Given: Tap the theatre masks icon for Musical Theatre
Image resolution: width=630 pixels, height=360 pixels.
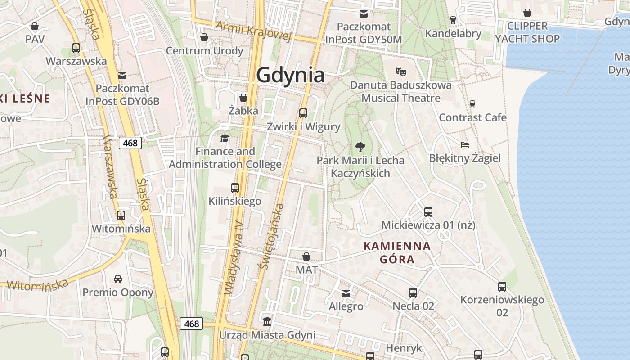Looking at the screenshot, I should click(x=400, y=71).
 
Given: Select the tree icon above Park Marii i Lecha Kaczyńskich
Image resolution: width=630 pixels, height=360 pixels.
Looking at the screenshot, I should click(x=360, y=146).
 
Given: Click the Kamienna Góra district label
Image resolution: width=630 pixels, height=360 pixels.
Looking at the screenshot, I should click(x=397, y=252).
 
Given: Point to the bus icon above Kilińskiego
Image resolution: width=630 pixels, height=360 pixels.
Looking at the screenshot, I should click(x=234, y=188).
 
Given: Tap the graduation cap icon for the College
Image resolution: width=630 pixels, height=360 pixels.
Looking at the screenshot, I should click(x=225, y=138).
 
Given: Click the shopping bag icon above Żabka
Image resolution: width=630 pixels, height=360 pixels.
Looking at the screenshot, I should click(x=243, y=97).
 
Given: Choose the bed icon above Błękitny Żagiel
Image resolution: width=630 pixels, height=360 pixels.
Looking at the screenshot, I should click(x=465, y=145).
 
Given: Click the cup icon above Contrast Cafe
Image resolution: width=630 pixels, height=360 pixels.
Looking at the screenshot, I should click(x=472, y=104).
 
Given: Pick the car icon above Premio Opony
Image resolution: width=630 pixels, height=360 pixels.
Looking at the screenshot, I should click(x=118, y=279).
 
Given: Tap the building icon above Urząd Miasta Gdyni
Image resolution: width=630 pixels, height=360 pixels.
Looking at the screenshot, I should click(x=267, y=322).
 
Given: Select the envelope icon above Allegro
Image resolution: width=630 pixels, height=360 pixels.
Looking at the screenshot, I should click(x=346, y=293).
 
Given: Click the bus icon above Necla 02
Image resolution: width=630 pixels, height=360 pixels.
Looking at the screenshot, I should click(x=413, y=293).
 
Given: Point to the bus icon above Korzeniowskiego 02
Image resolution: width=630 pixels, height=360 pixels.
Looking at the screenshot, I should click(x=502, y=286).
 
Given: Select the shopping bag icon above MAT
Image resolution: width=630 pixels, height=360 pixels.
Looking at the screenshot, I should click(x=306, y=256).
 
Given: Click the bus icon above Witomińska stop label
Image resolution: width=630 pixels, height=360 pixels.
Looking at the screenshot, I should click(x=121, y=215).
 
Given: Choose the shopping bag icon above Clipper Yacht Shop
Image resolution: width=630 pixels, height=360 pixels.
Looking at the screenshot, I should click(x=527, y=13).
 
